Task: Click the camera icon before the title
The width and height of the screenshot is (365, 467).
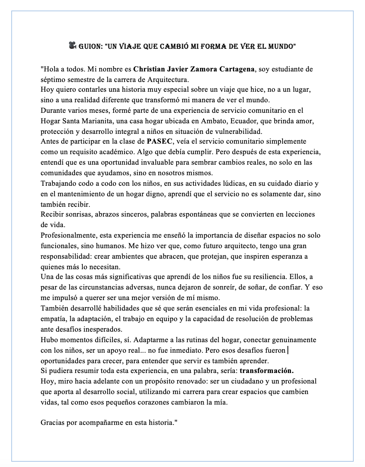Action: coord(73,46)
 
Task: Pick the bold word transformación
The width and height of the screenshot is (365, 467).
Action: coord(267,371)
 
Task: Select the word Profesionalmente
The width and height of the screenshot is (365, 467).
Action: coord(68,235)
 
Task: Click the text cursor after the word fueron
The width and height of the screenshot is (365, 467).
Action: coord(288,350)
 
